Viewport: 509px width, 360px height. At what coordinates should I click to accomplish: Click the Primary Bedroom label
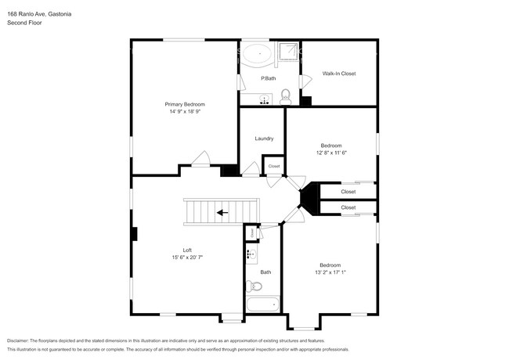pyautogui.click(x=184, y=104)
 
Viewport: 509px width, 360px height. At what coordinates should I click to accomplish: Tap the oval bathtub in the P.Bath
pyautogui.click(x=255, y=56)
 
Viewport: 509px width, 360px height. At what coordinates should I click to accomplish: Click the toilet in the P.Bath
pyautogui.click(x=286, y=96)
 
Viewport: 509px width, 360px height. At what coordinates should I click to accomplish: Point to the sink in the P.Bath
pyautogui.click(x=265, y=99)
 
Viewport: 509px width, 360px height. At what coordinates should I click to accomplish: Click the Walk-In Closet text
pyautogui.click(x=338, y=74)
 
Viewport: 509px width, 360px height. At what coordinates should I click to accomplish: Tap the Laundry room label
pyautogui.click(x=264, y=139)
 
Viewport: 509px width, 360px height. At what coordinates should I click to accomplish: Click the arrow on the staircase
pyautogui.click(x=223, y=211)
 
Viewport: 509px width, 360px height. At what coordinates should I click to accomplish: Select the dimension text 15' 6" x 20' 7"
pyautogui.click(x=188, y=257)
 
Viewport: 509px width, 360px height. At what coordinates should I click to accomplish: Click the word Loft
pyautogui.click(x=188, y=250)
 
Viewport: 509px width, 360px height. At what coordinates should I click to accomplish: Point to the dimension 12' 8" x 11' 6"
pyautogui.click(x=331, y=153)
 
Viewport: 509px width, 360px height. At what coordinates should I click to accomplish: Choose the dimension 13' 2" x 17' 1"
pyautogui.click(x=330, y=272)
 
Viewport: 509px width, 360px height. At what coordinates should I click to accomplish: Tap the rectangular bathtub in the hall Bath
pyautogui.click(x=261, y=305)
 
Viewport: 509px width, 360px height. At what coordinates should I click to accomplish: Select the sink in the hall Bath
pyautogui.click(x=251, y=254)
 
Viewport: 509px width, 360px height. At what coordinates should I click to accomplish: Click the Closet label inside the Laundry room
pyautogui.click(x=274, y=166)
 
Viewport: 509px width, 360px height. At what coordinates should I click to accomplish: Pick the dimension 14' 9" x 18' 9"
pyautogui.click(x=184, y=112)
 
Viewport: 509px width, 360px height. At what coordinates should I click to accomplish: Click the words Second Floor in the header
pyautogui.click(x=24, y=23)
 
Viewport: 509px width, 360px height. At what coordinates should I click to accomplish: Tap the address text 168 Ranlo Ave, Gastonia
pyautogui.click(x=46, y=13)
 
